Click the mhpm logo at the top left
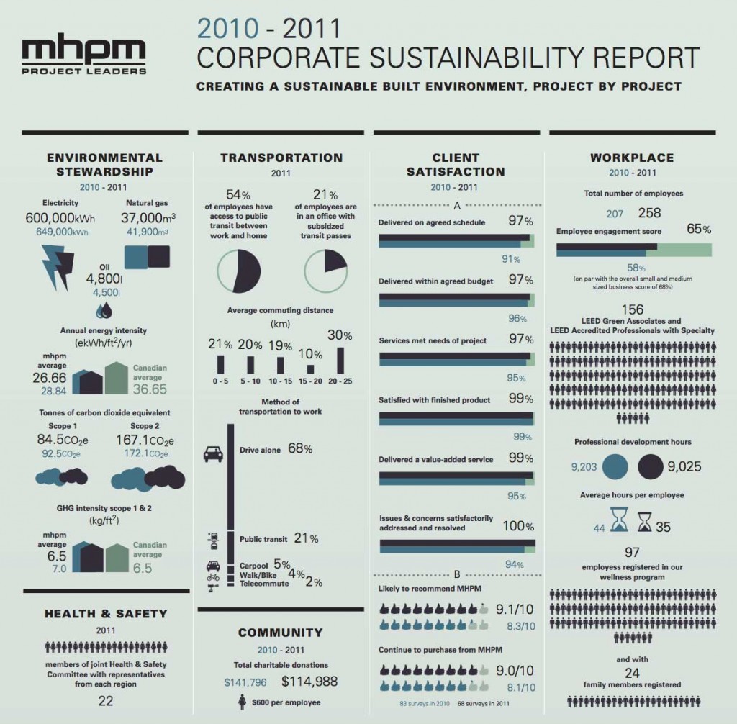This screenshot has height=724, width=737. tap(84, 55)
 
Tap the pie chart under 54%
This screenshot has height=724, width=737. tap(238, 271)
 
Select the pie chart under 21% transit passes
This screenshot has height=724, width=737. tap(326, 271)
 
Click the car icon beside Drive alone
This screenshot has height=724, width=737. tap(213, 454)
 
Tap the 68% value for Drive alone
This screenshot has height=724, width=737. tap(299, 448)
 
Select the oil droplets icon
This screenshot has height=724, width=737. tap(105, 309)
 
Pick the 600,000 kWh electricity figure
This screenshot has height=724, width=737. tap(60, 217)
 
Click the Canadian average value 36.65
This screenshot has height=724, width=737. tap(149, 389)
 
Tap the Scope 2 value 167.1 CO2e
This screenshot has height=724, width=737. tap(145, 439)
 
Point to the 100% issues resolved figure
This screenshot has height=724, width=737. tap(518, 526)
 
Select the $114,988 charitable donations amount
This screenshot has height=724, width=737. tap(309, 682)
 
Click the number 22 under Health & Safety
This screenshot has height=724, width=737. tap(105, 700)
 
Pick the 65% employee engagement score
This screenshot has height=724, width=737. tap(698, 230)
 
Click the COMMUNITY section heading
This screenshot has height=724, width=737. tap(281, 633)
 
